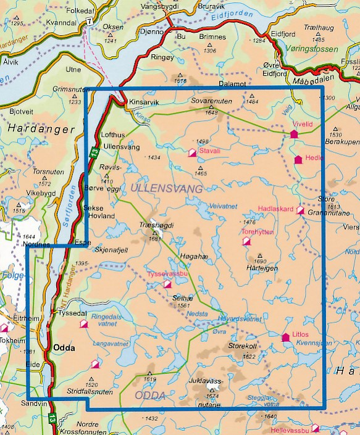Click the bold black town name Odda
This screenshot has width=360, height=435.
pyautogui.click(x=64, y=348)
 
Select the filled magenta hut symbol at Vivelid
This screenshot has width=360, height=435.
pyautogui.click(x=294, y=133)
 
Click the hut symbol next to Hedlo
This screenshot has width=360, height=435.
pyautogui.click(x=298, y=159)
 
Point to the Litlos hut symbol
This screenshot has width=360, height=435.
pyautogui.click(x=285, y=337)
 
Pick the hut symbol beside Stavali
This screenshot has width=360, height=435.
pyautogui.click(x=192, y=152)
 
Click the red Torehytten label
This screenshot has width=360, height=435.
pyautogui.click(x=256, y=233)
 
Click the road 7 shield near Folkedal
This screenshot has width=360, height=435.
pyautogui.click(x=90, y=21)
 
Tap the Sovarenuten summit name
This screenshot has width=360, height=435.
pyautogui.click(x=210, y=99)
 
